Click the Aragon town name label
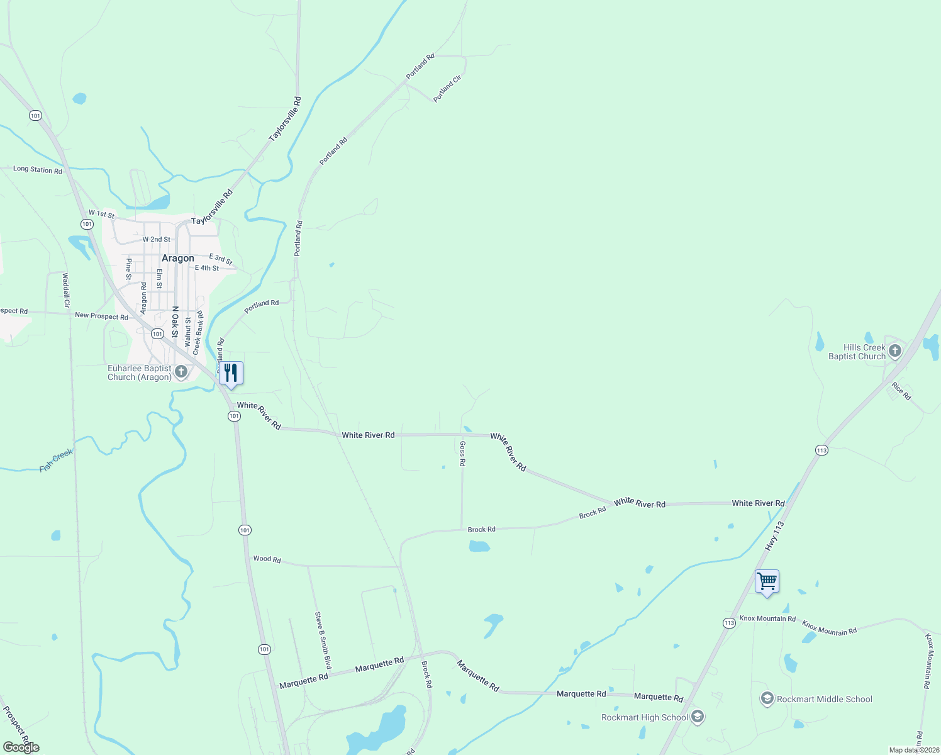(x=178, y=259)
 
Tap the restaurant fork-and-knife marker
(x=231, y=373)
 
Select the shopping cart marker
(x=767, y=581)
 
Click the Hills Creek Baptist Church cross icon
(x=894, y=351)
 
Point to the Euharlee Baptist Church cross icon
(x=181, y=372)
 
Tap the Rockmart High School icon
(x=697, y=717)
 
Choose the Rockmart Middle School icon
(x=767, y=698)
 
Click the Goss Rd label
(x=462, y=453)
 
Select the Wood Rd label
(x=267, y=559)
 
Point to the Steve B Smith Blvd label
(x=323, y=640)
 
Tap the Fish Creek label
(x=56, y=460)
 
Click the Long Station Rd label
(x=38, y=170)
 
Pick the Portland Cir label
(x=447, y=89)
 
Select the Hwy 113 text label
(x=775, y=536)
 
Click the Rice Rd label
(x=901, y=391)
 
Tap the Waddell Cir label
(x=66, y=290)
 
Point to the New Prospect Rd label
(x=101, y=316)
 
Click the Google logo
(x=21, y=747)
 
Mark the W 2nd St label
(x=156, y=239)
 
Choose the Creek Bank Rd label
(x=198, y=332)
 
